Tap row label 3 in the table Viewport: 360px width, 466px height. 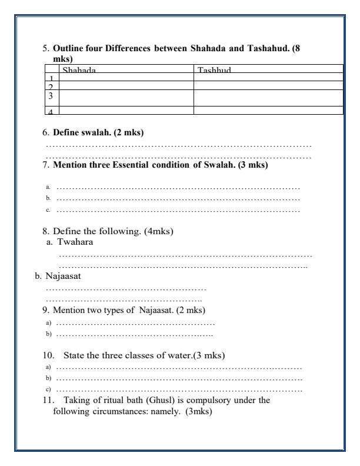click(51, 95)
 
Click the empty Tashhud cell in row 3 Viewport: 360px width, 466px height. click(268, 97)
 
